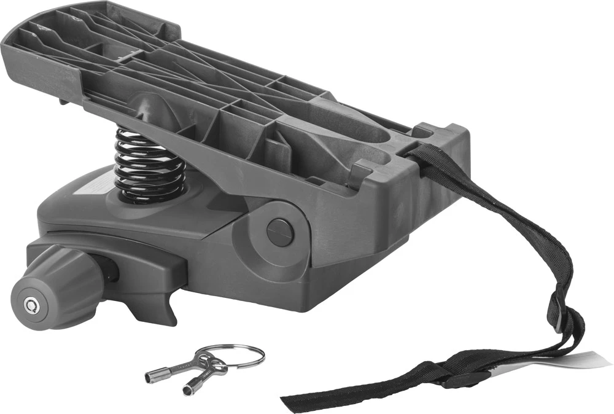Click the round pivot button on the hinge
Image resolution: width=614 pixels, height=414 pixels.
point(280,233)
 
